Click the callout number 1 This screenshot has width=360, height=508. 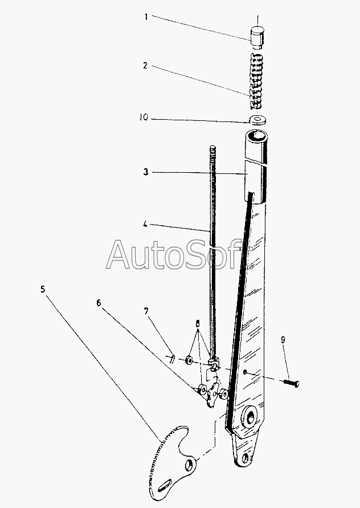146,17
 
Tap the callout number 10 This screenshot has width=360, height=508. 144,118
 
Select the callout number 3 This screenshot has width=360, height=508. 146,172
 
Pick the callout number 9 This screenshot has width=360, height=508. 283,340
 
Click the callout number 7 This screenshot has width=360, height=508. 146,311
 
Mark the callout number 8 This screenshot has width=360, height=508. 197,323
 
